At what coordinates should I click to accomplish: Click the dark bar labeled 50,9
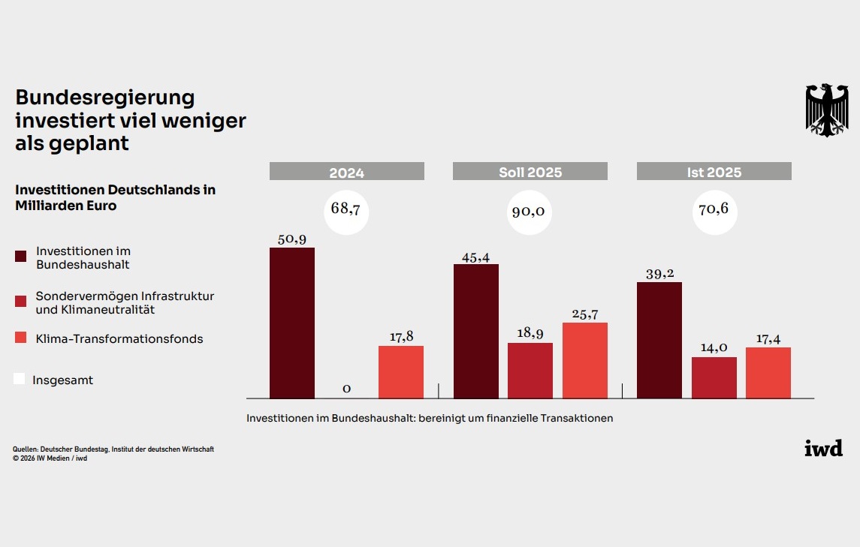click(x=291, y=323)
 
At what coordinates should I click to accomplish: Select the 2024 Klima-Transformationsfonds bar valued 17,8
click(x=401, y=372)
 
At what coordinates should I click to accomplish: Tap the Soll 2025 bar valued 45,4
click(x=476, y=331)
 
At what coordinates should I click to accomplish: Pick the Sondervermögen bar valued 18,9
click(x=530, y=371)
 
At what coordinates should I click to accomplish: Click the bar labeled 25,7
click(x=584, y=361)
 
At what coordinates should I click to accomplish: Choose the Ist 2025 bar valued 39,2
click(x=659, y=341)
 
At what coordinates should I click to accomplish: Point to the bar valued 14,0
click(x=714, y=377)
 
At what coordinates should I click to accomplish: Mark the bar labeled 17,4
click(x=768, y=373)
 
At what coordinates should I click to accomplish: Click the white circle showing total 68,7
click(x=346, y=212)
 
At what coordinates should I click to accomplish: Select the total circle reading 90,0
click(x=530, y=212)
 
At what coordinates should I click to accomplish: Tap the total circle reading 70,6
click(x=714, y=212)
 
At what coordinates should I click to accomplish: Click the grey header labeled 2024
click(x=347, y=171)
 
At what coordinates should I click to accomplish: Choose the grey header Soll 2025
click(x=530, y=171)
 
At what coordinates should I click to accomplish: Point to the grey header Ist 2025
click(x=714, y=171)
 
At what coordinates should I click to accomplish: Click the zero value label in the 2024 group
click(x=347, y=389)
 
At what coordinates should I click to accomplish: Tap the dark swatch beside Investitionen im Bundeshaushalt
click(x=21, y=257)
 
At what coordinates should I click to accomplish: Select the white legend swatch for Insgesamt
click(x=20, y=379)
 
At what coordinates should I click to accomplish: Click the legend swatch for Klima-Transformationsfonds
click(x=21, y=338)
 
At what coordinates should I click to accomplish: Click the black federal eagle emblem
click(x=827, y=110)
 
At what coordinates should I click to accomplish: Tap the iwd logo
click(x=824, y=448)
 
